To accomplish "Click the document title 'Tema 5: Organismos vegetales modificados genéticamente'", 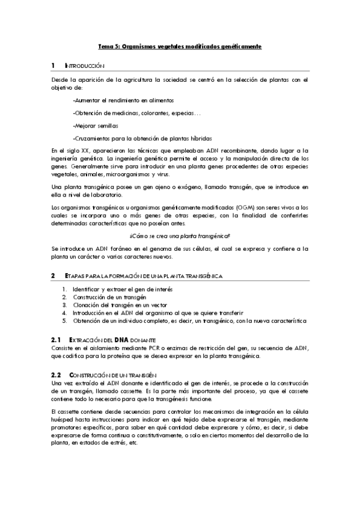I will tap(180, 46).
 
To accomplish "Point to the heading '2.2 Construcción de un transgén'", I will tap(103, 375).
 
